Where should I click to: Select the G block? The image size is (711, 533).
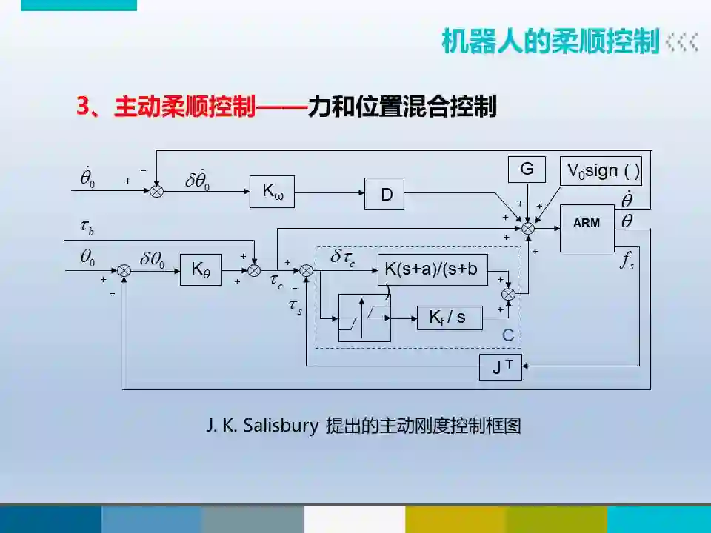527,170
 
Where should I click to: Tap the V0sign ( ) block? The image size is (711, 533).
601,171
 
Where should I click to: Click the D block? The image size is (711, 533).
386,194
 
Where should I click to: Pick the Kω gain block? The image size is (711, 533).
272,191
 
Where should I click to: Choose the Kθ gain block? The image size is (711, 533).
201,270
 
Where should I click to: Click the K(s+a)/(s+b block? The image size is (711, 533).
433,270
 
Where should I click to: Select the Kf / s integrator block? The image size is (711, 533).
450,318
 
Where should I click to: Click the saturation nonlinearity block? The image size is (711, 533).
364,318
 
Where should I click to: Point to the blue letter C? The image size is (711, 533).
508,335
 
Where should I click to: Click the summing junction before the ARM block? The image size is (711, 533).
528,229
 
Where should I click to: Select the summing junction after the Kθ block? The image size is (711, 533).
254,271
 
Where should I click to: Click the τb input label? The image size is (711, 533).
87,227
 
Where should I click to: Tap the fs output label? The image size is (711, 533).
627,261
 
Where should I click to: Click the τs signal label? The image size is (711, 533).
295,306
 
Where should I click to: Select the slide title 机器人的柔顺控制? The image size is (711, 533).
550,41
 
